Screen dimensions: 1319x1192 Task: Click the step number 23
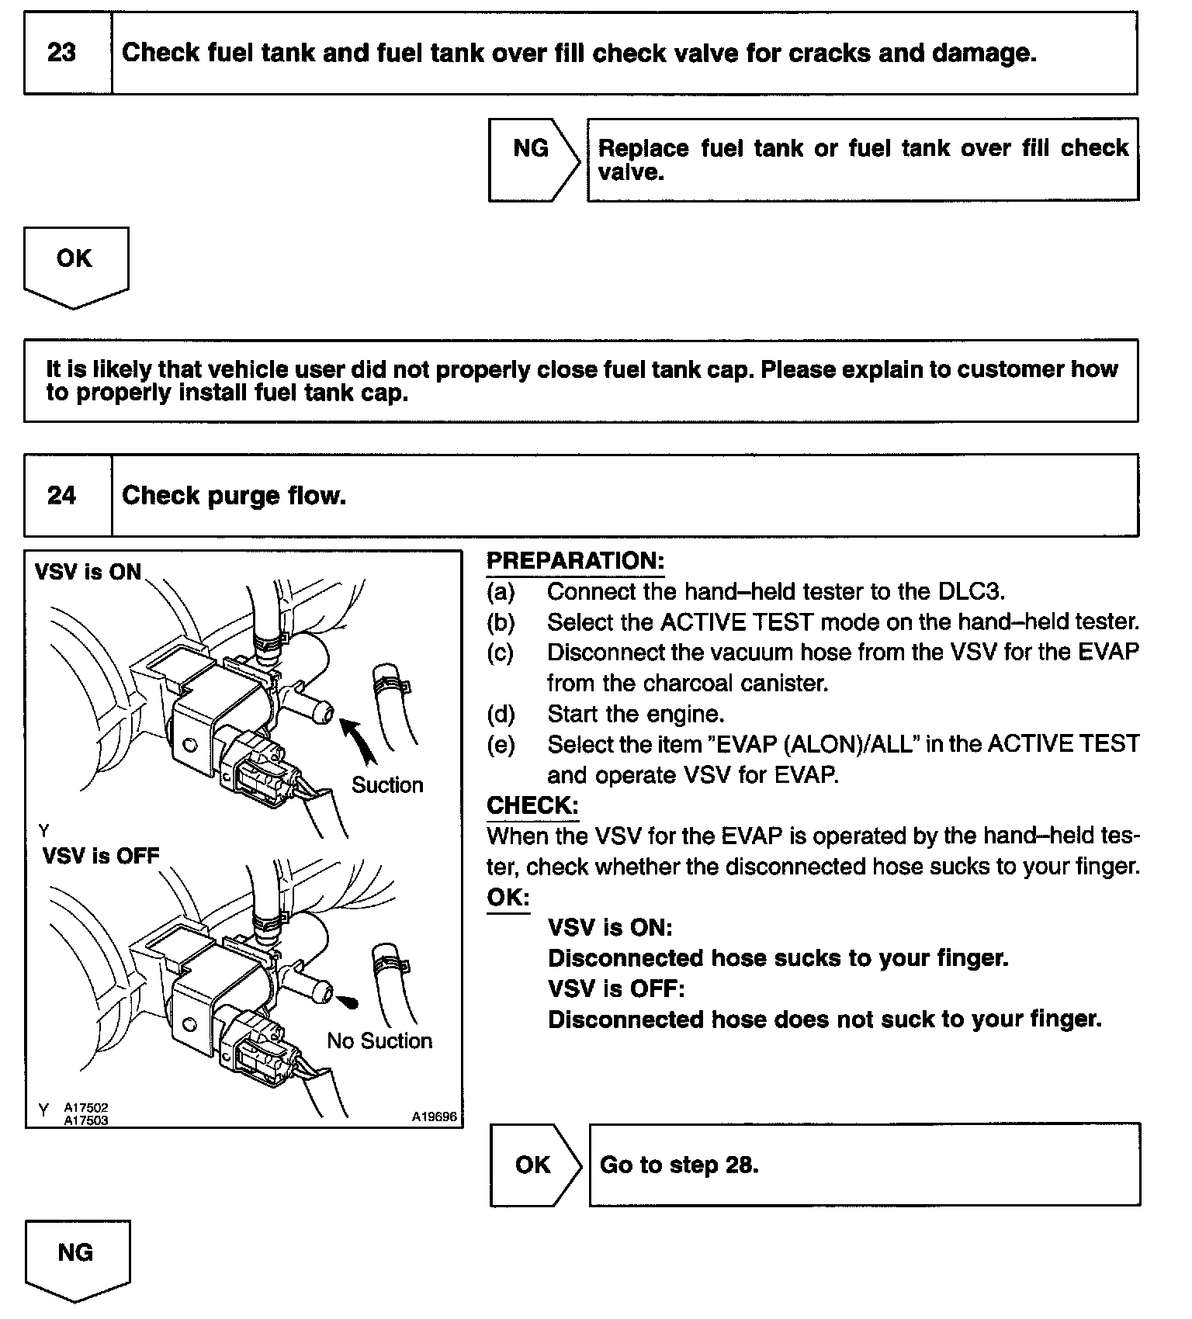pos(62,53)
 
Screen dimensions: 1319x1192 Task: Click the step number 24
pos(62,495)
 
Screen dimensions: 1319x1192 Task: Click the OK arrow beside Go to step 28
pos(535,1165)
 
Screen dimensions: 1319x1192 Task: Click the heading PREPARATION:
pos(575,561)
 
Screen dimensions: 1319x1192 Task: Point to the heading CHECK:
pos(532,805)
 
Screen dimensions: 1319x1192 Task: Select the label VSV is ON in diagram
pos(88,572)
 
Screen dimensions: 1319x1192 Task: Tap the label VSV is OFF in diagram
pos(101,856)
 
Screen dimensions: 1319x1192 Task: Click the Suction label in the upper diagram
pos(387,785)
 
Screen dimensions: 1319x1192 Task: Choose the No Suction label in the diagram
pos(379,1040)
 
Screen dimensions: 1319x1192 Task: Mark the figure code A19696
pos(435,1117)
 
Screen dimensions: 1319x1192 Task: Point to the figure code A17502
pos(86,1108)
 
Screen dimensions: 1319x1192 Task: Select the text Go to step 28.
pos(679,1165)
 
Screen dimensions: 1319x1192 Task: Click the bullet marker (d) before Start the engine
pos(501,714)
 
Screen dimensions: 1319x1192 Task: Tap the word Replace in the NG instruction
pos(643,148)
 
